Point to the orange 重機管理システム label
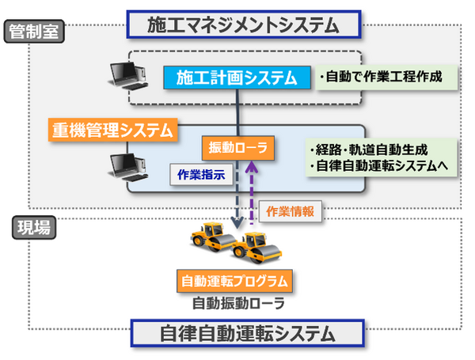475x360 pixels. click(x=112, y=130)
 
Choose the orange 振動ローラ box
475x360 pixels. click(x=237, y=146)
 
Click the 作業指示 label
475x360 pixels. click(x=202, y=174)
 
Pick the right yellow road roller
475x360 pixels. click(x=256, y=247)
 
